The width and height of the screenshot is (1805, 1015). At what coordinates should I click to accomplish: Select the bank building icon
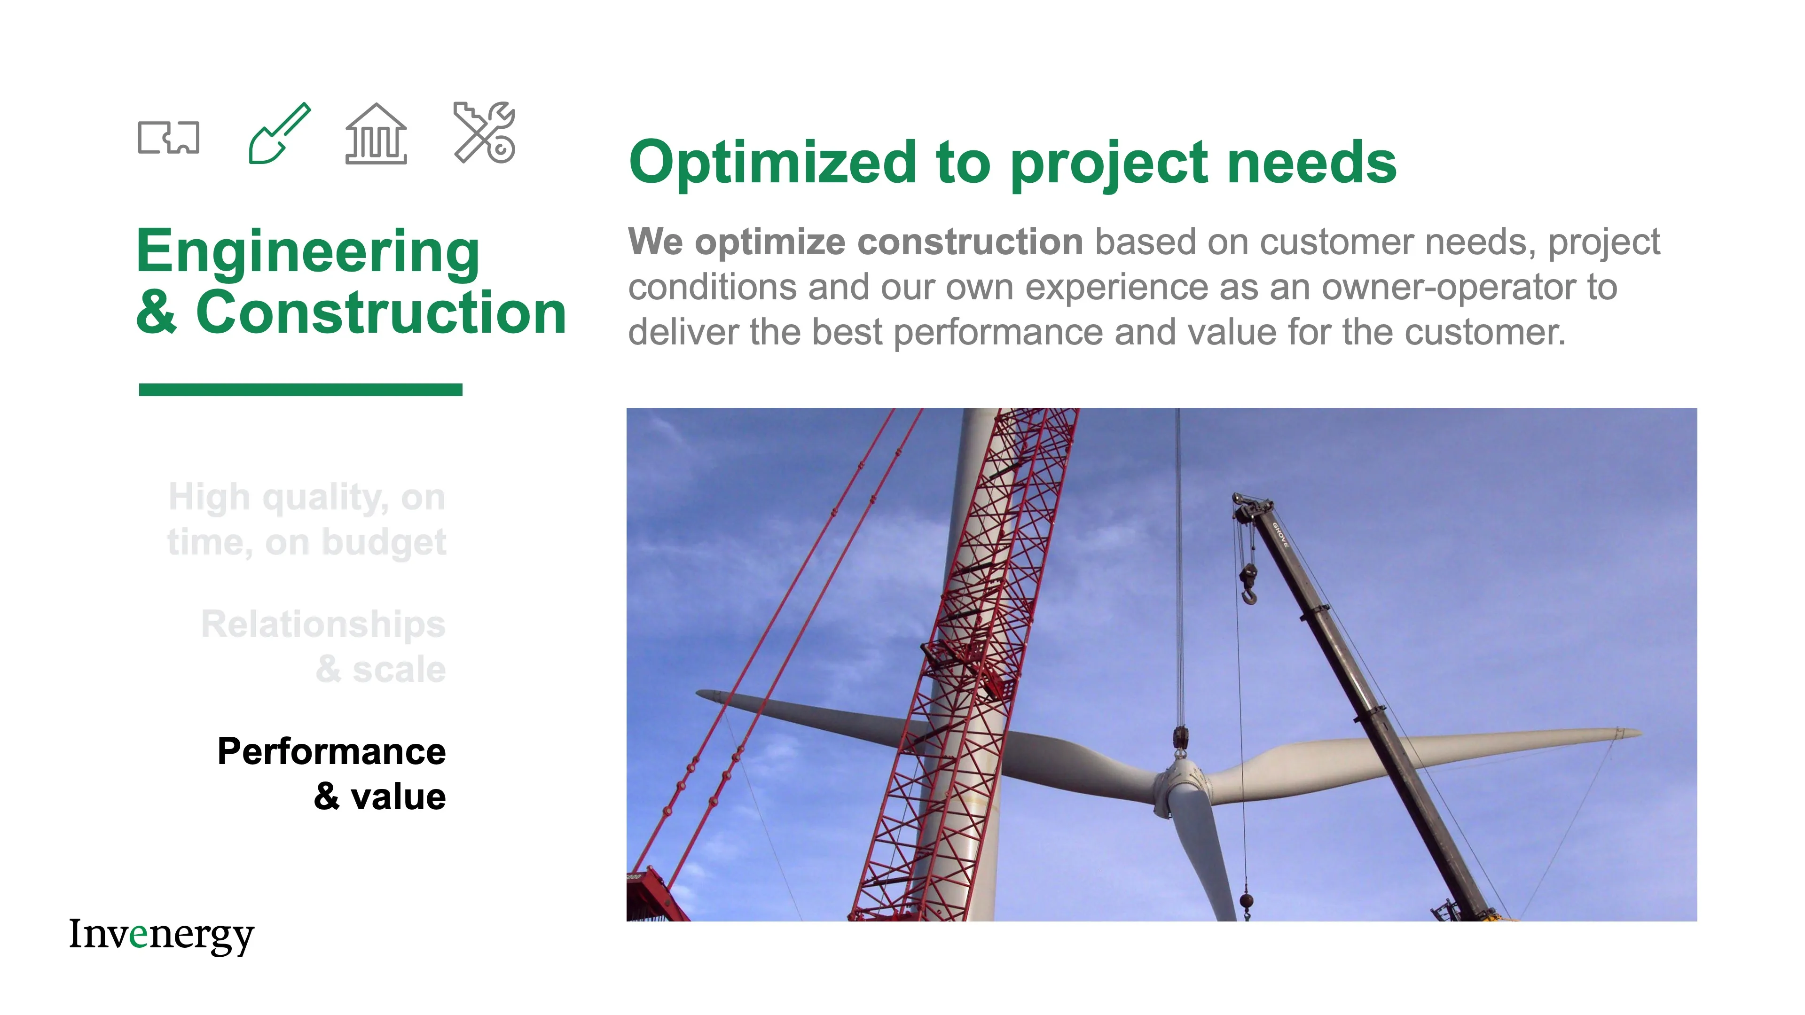tap(376, 134)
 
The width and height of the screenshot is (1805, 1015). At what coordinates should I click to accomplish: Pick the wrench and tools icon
tap(485, 133)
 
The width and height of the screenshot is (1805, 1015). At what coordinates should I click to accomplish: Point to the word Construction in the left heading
tap(380, 312)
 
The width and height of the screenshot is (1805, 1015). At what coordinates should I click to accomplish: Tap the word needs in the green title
tap(1311, 163)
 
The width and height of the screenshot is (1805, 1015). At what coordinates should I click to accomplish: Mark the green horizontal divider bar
tap(301, 390)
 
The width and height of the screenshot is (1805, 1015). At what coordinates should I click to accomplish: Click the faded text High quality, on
tap(307, 497)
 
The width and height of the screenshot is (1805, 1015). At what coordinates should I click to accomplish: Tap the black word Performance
tap(331, 752)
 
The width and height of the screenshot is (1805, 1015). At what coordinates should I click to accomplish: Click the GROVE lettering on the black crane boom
tap(1280, 535)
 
